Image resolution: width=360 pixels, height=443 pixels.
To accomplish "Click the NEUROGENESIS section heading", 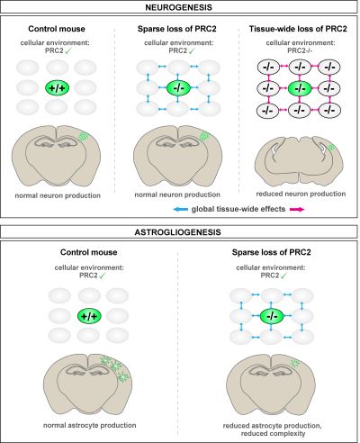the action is click(x=178, y=7).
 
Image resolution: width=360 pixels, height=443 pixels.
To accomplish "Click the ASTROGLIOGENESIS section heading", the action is click(x=178, y=232).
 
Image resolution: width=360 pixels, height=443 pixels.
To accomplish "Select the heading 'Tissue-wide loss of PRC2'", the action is click(x=298, y=29).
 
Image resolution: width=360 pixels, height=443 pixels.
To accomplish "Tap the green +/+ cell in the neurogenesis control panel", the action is click(x=57, y=88).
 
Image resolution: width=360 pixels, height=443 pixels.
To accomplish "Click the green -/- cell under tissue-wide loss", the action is click(x=300, y=88).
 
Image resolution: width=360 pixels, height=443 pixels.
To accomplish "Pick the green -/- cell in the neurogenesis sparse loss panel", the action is click(x=178, y=88).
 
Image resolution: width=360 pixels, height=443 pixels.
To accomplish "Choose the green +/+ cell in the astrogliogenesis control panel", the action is click(x=89, y=316).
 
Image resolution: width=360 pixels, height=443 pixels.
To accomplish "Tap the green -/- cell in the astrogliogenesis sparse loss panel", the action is click(x=272, y=316).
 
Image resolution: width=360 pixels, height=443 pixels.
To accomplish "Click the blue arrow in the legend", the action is click(x=180, y=209).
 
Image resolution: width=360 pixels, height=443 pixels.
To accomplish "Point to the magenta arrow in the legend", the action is click(x=297, y=209).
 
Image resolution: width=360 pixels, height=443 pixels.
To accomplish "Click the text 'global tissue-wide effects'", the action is click(x=238, y=209).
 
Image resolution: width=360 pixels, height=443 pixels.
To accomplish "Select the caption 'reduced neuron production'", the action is click(x=301, y=194).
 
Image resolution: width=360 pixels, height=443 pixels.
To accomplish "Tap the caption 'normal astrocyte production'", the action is click(x=90, y=425).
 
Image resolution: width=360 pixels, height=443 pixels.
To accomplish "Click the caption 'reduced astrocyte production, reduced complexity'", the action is click(x=272, y=429).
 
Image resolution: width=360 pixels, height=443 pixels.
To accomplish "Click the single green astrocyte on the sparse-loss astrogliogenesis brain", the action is click(x=295, y=363).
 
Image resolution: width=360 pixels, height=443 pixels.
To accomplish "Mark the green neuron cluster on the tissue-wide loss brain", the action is click(x=331, y=148).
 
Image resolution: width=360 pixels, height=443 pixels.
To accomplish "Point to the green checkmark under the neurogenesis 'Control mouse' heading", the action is click(x=68, y=50).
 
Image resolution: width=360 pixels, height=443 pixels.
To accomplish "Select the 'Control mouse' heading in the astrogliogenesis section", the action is click(x=88, y=252).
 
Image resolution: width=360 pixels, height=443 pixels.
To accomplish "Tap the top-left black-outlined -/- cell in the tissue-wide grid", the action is click(x=268, y=67).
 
